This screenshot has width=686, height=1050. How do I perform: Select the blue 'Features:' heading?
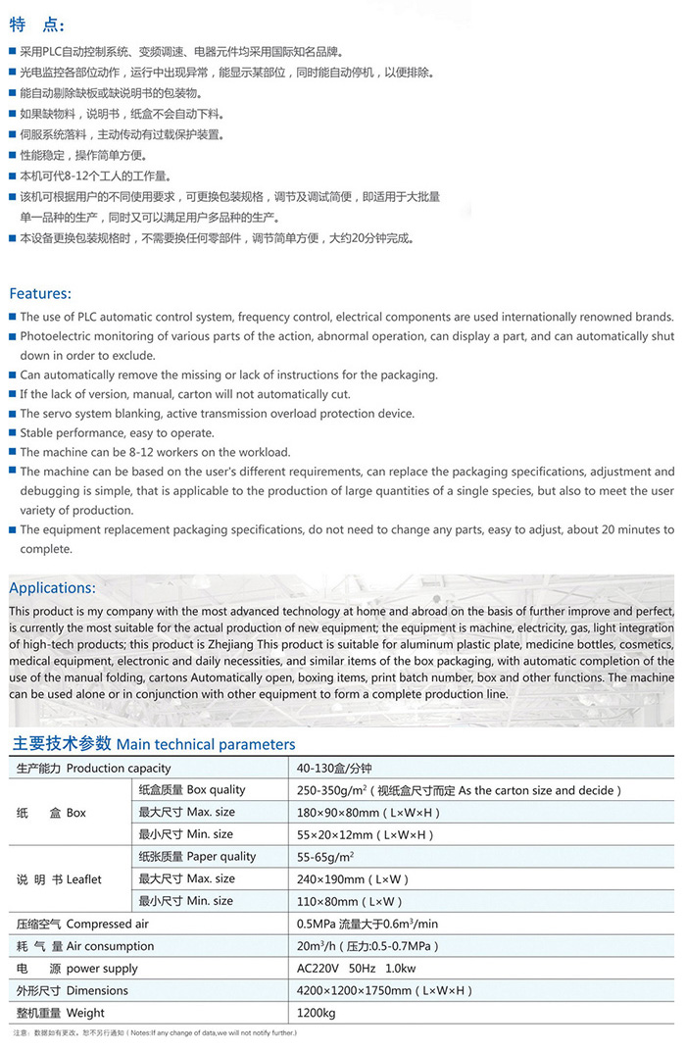40,293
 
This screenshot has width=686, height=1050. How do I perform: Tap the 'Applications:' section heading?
52,588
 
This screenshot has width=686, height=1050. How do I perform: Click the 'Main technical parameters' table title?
152,744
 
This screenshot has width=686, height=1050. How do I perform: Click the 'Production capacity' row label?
93,768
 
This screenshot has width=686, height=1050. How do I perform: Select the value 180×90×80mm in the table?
368,813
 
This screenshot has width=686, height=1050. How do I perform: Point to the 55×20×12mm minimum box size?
365,835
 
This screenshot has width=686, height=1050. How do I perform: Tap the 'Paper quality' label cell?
196,857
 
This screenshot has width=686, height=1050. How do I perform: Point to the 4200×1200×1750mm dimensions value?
385,990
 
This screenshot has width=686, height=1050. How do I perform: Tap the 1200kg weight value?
317,1013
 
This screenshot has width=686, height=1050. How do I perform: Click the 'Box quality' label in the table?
191,790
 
